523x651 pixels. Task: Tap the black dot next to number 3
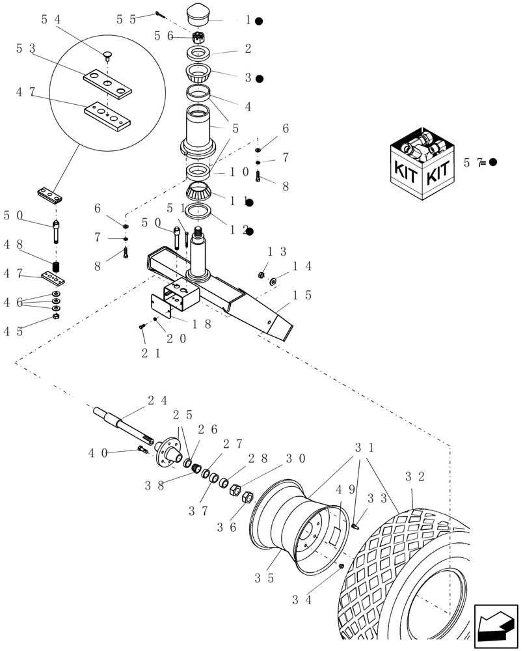[x=259, y=79]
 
